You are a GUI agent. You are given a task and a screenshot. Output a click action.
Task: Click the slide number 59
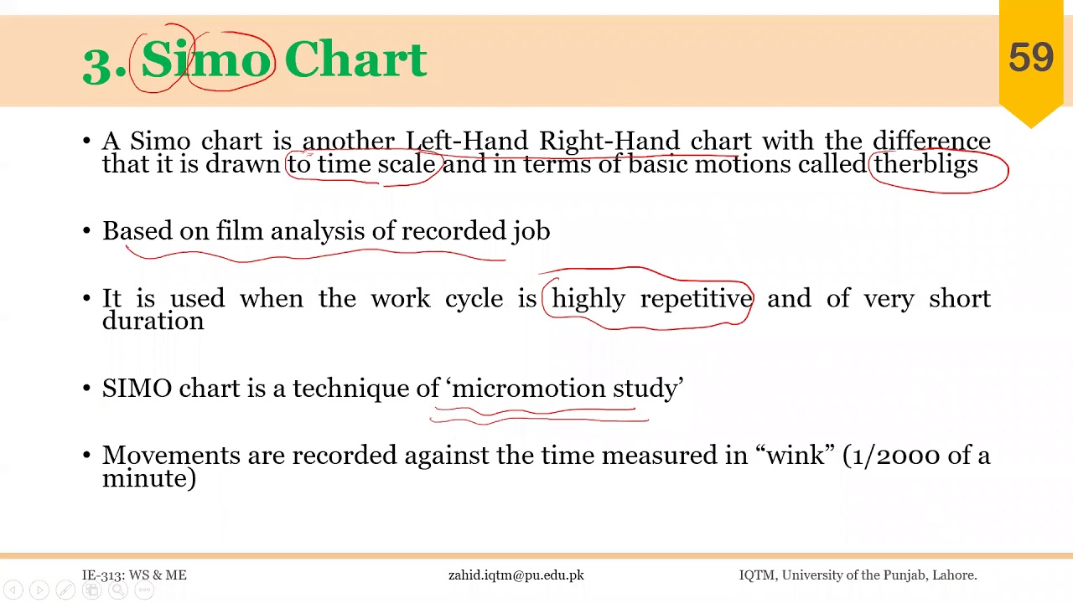(x=1030, y=58)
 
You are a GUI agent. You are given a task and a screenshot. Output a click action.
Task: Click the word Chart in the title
(x=355, y=60)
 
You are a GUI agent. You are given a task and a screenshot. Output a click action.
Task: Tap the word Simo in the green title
(x=206, y=60)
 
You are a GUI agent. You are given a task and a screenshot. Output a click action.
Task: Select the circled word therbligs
(x=925, y=164)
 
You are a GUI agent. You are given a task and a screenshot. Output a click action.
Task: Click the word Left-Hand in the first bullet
(x=467, y=141)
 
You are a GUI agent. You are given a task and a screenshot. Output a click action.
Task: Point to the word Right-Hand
(x=609, y=141)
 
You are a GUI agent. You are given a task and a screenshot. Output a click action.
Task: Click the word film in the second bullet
(x=239, y=230)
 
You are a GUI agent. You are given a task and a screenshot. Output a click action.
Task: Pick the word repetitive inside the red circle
(x=696, y=299)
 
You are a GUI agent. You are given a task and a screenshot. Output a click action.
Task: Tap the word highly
(x=588, y=299)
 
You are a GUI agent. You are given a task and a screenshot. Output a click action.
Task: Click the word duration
(x=153, y=321)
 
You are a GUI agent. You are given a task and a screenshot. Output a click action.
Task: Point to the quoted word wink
(x=795, y=456)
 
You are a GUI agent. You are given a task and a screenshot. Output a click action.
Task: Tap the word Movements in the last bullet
(x=171, y=456)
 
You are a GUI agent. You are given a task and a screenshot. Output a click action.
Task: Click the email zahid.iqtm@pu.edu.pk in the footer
(x=516, y=575)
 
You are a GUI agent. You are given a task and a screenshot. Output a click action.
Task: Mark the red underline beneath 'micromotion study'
(x=536, y=415)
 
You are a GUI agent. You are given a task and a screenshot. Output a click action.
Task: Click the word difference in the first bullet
(x=931, y=141)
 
